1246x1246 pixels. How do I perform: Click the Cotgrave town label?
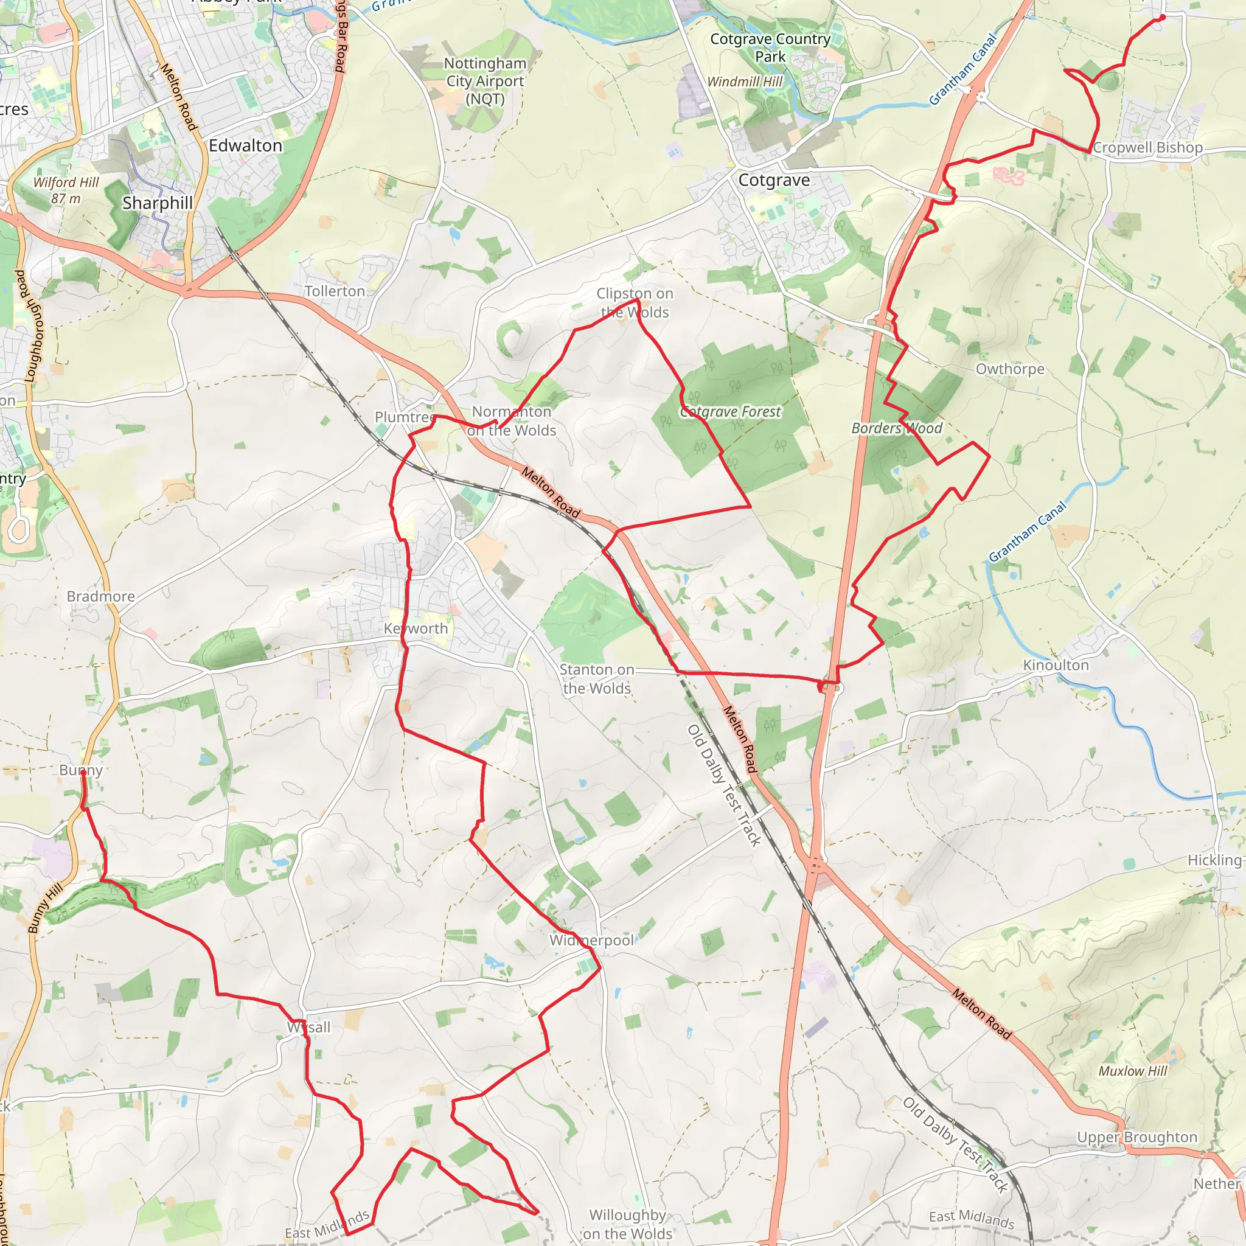[x=774, y=180]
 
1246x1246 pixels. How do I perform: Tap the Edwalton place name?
[x=246, y=146]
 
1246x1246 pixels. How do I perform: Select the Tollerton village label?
[x=335, y=291]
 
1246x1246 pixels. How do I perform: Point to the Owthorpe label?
[x=1010, y=369]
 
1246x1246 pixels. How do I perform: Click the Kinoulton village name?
[x=1056, y=665]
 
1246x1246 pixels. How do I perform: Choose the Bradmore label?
[x=101, y=597]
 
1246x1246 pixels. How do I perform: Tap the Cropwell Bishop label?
[x=1148, y=148]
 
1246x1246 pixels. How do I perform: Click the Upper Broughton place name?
[x=1137, y=1137]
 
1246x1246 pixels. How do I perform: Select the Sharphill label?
[x=158, y=203]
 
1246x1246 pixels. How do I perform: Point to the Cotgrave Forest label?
[x=731, y=411]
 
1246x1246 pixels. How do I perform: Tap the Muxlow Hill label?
[x=1133, y=1071]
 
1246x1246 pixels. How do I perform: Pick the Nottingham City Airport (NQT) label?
[x=485, y=82]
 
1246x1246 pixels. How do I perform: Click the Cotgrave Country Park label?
[x=771, y=47]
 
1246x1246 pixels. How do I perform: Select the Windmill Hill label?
[x=745, y=82]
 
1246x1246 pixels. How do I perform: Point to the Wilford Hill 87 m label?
[x=66, y=190]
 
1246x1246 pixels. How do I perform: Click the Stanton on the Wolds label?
[x=597, y=679]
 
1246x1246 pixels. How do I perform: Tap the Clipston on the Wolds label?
[x=635, y=302]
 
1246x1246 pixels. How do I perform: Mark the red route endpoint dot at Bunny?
[x=83, y=773]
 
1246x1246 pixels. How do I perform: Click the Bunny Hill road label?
[x=45, y=908]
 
